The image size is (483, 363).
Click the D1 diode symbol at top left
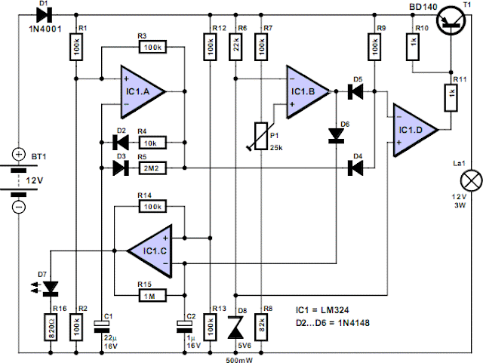(44, 14)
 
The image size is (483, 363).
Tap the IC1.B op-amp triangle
(307, 91)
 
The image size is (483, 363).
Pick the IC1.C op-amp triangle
(150, 251)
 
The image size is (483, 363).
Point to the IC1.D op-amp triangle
(415, 130)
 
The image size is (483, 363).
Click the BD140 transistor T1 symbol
(451, 20)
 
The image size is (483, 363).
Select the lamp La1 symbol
(471, 180)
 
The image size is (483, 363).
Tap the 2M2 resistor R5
(152, 168)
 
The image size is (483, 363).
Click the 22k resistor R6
(235, 47)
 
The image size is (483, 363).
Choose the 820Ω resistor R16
(51, 327)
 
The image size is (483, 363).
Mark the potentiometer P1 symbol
(261, 136)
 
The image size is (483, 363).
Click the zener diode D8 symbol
(235, 327)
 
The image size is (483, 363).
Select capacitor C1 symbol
(102, 326)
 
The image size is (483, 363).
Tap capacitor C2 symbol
(184, 326)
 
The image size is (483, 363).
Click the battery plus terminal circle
(19, 154)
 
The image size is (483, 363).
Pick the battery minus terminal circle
(19, 207)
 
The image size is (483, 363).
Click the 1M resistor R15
(152, 295)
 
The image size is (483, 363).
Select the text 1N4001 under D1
(45, 29)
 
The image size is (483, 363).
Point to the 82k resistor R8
(261, 327)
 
